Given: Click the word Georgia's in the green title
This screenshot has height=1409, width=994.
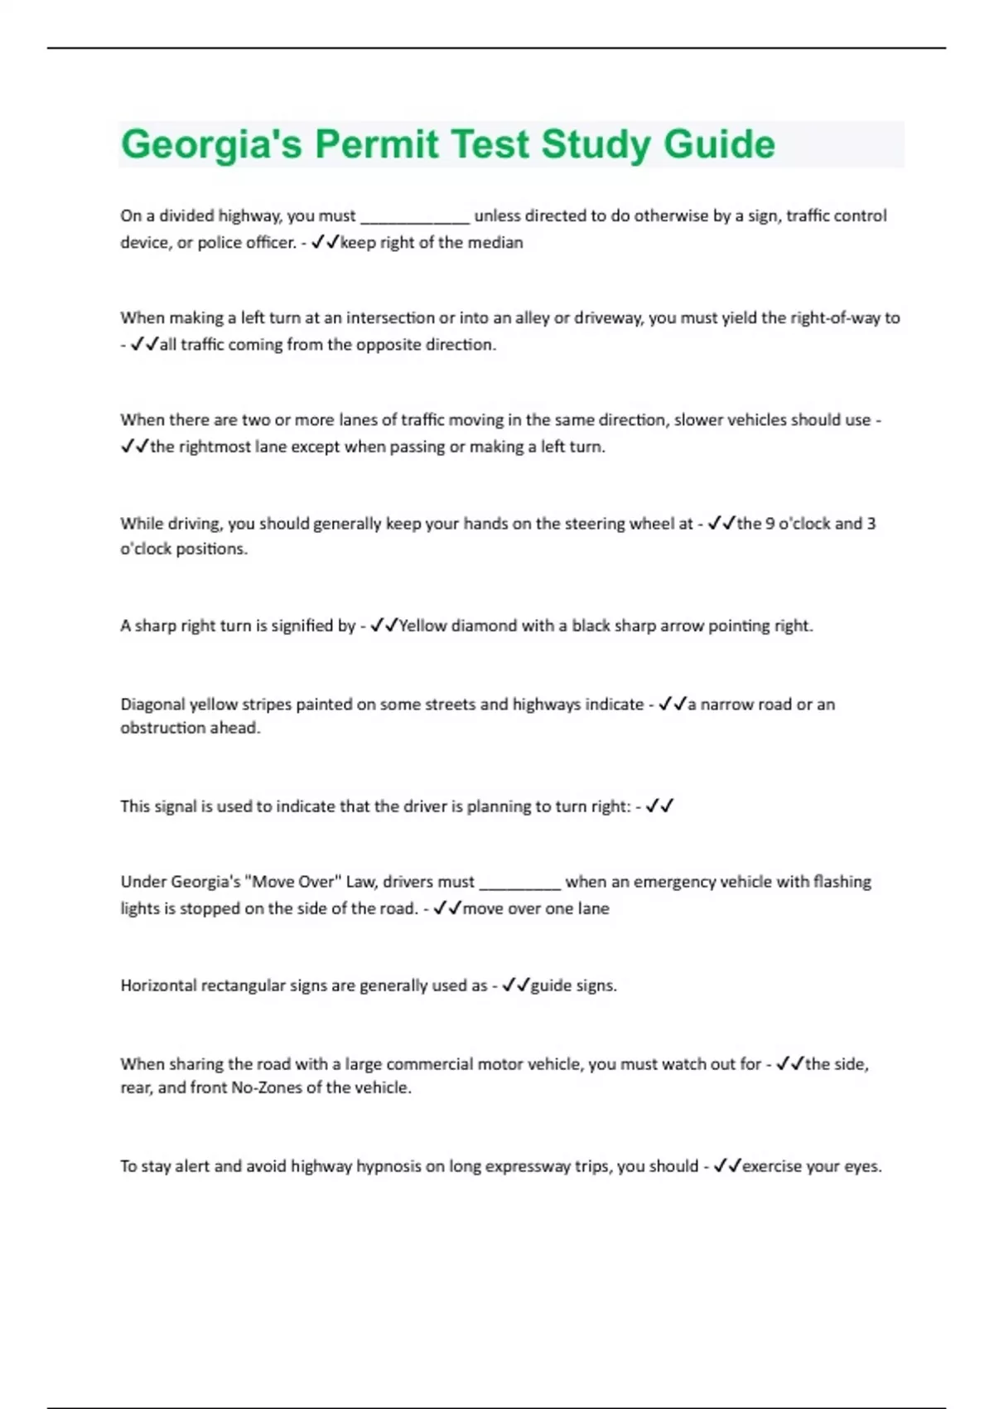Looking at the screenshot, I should (210, 144).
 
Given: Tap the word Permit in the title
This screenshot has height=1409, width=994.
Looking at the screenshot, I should (377, 144).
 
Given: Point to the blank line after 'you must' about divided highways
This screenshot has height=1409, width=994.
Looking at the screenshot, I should (415, 217).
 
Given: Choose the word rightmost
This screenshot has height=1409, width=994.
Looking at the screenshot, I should (215, 447).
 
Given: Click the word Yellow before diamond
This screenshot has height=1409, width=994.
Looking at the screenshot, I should (423, 626).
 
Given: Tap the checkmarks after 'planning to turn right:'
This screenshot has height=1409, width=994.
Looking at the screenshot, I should (659, 806).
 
